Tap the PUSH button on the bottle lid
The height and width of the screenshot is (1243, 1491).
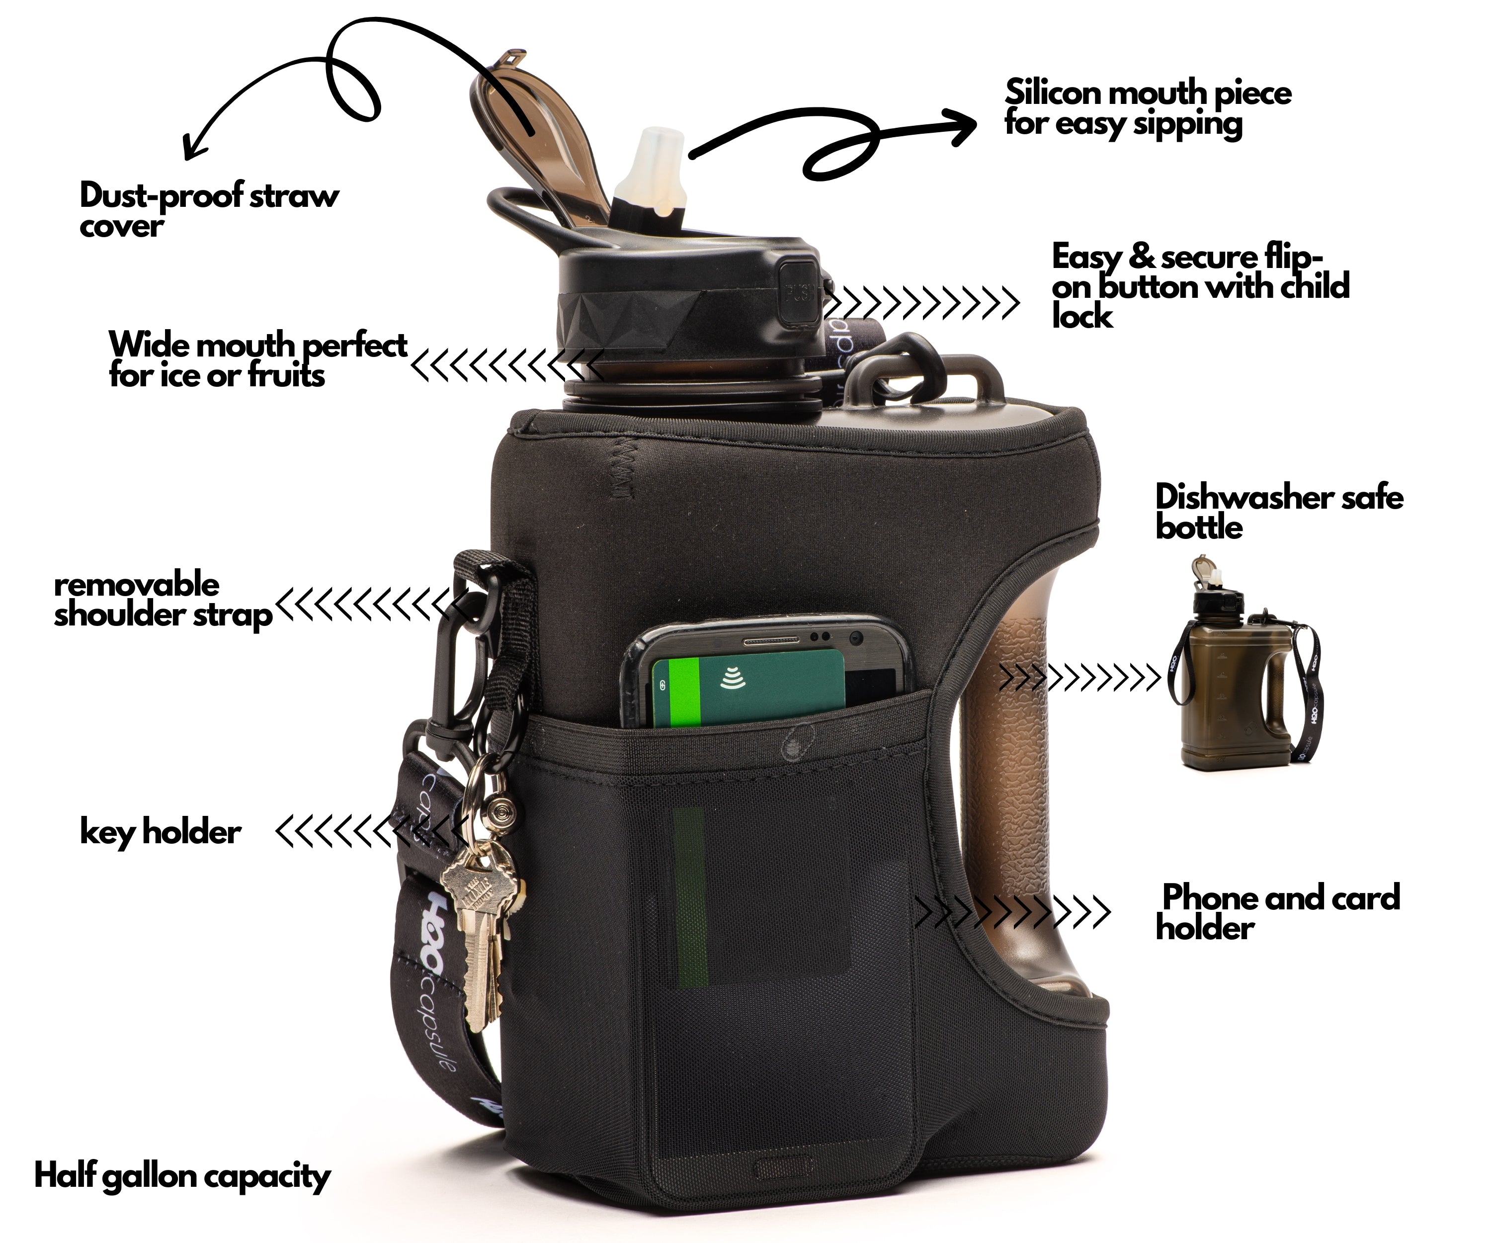click(798, 293)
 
